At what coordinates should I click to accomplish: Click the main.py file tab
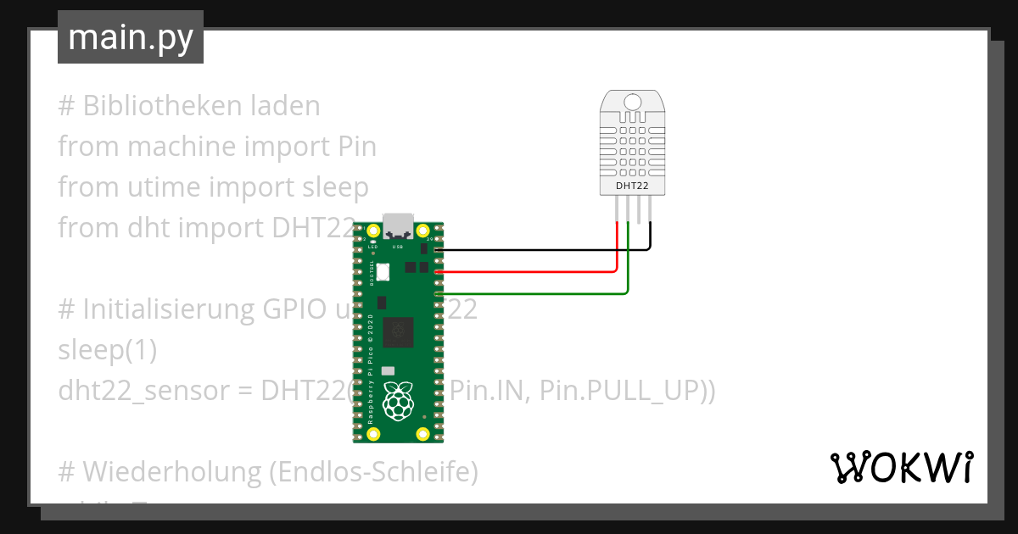point(130,37)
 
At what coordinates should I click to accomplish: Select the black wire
point(543,250)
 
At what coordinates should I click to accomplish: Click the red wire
point(526,272)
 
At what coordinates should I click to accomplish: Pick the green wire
point(534,294)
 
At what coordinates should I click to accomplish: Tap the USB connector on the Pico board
point(398,226)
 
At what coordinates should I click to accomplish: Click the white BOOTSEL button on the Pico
point(382,272)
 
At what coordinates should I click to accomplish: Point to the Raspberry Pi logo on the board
point(398,400)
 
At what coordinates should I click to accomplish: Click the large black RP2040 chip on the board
point(398,331)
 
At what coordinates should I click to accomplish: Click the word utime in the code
point(159,187)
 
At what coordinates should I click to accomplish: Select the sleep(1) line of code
point(107,350)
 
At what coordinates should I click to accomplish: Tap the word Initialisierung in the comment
point(166,309)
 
